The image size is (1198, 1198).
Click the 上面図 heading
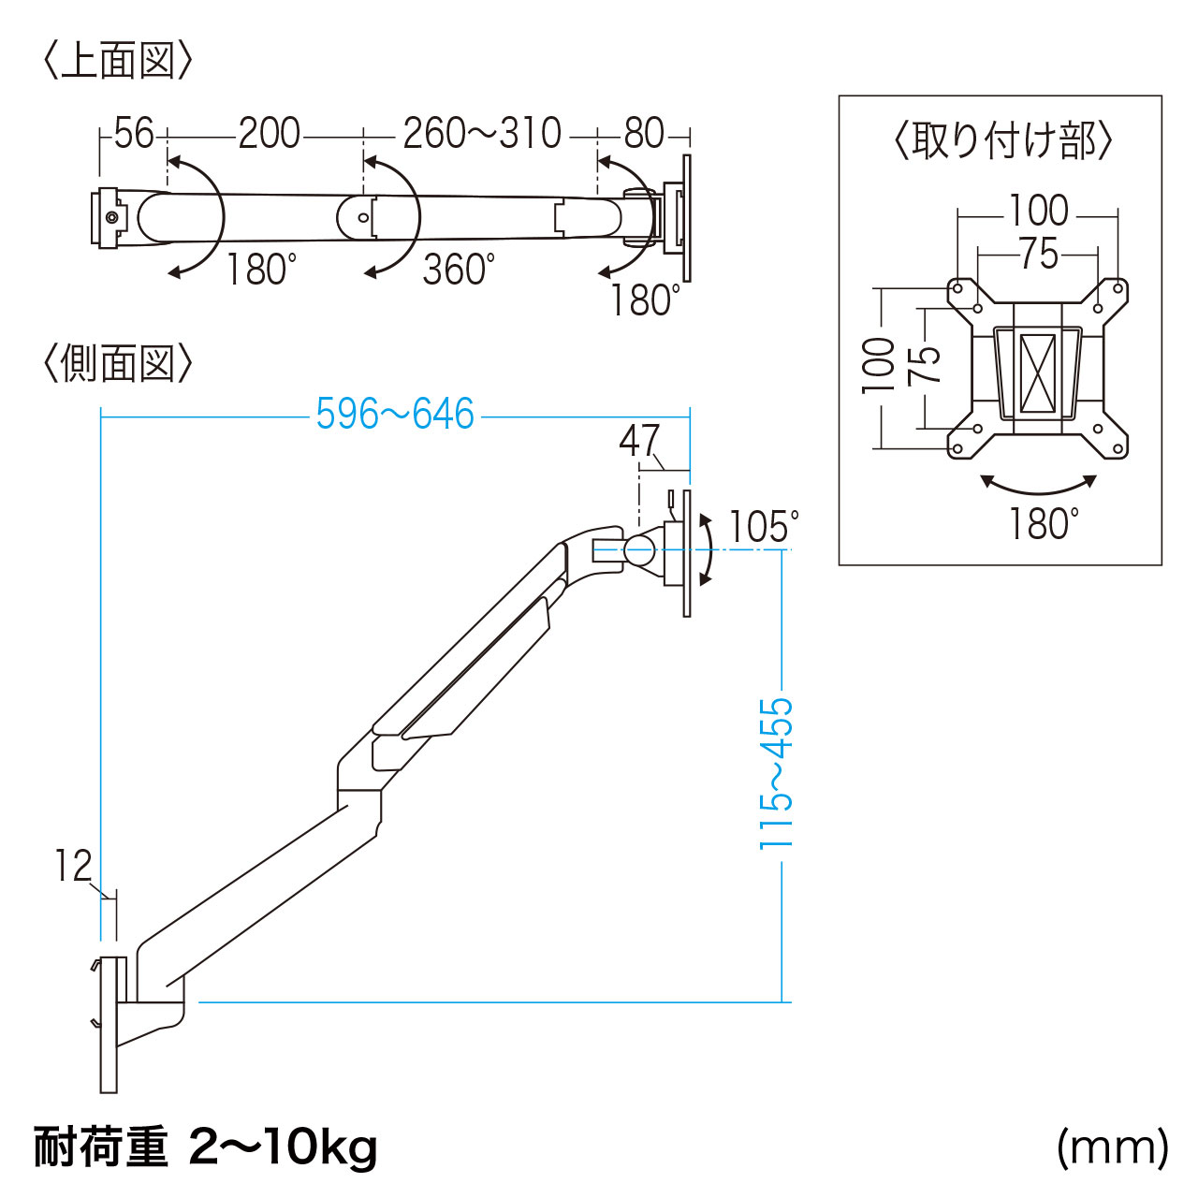tap(118, 62)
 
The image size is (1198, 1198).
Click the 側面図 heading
tap(118, 363)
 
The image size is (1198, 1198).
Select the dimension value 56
tap(133, 134)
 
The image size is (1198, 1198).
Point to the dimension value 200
tap(269, 134)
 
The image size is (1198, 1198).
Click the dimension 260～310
tap(482, 134)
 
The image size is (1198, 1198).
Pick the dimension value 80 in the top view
tap(644, 134)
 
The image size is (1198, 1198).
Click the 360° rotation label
tap(458, 270)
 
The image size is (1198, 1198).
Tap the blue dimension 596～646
tap(395, 415)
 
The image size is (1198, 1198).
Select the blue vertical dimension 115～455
tap(776, 773)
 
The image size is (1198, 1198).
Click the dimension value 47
tap(640, 441)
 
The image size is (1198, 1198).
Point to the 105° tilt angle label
tap(764, 528)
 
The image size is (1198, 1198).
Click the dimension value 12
tap(73, 866)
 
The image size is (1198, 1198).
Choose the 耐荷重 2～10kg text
tap(206, 1147)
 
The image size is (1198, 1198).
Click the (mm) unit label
tap(1112, 1147)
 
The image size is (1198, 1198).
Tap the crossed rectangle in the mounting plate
tap(1037, 373)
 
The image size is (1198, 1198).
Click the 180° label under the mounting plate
tap(1043, 525)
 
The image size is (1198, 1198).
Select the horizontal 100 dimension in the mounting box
tap(1038, 211)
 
